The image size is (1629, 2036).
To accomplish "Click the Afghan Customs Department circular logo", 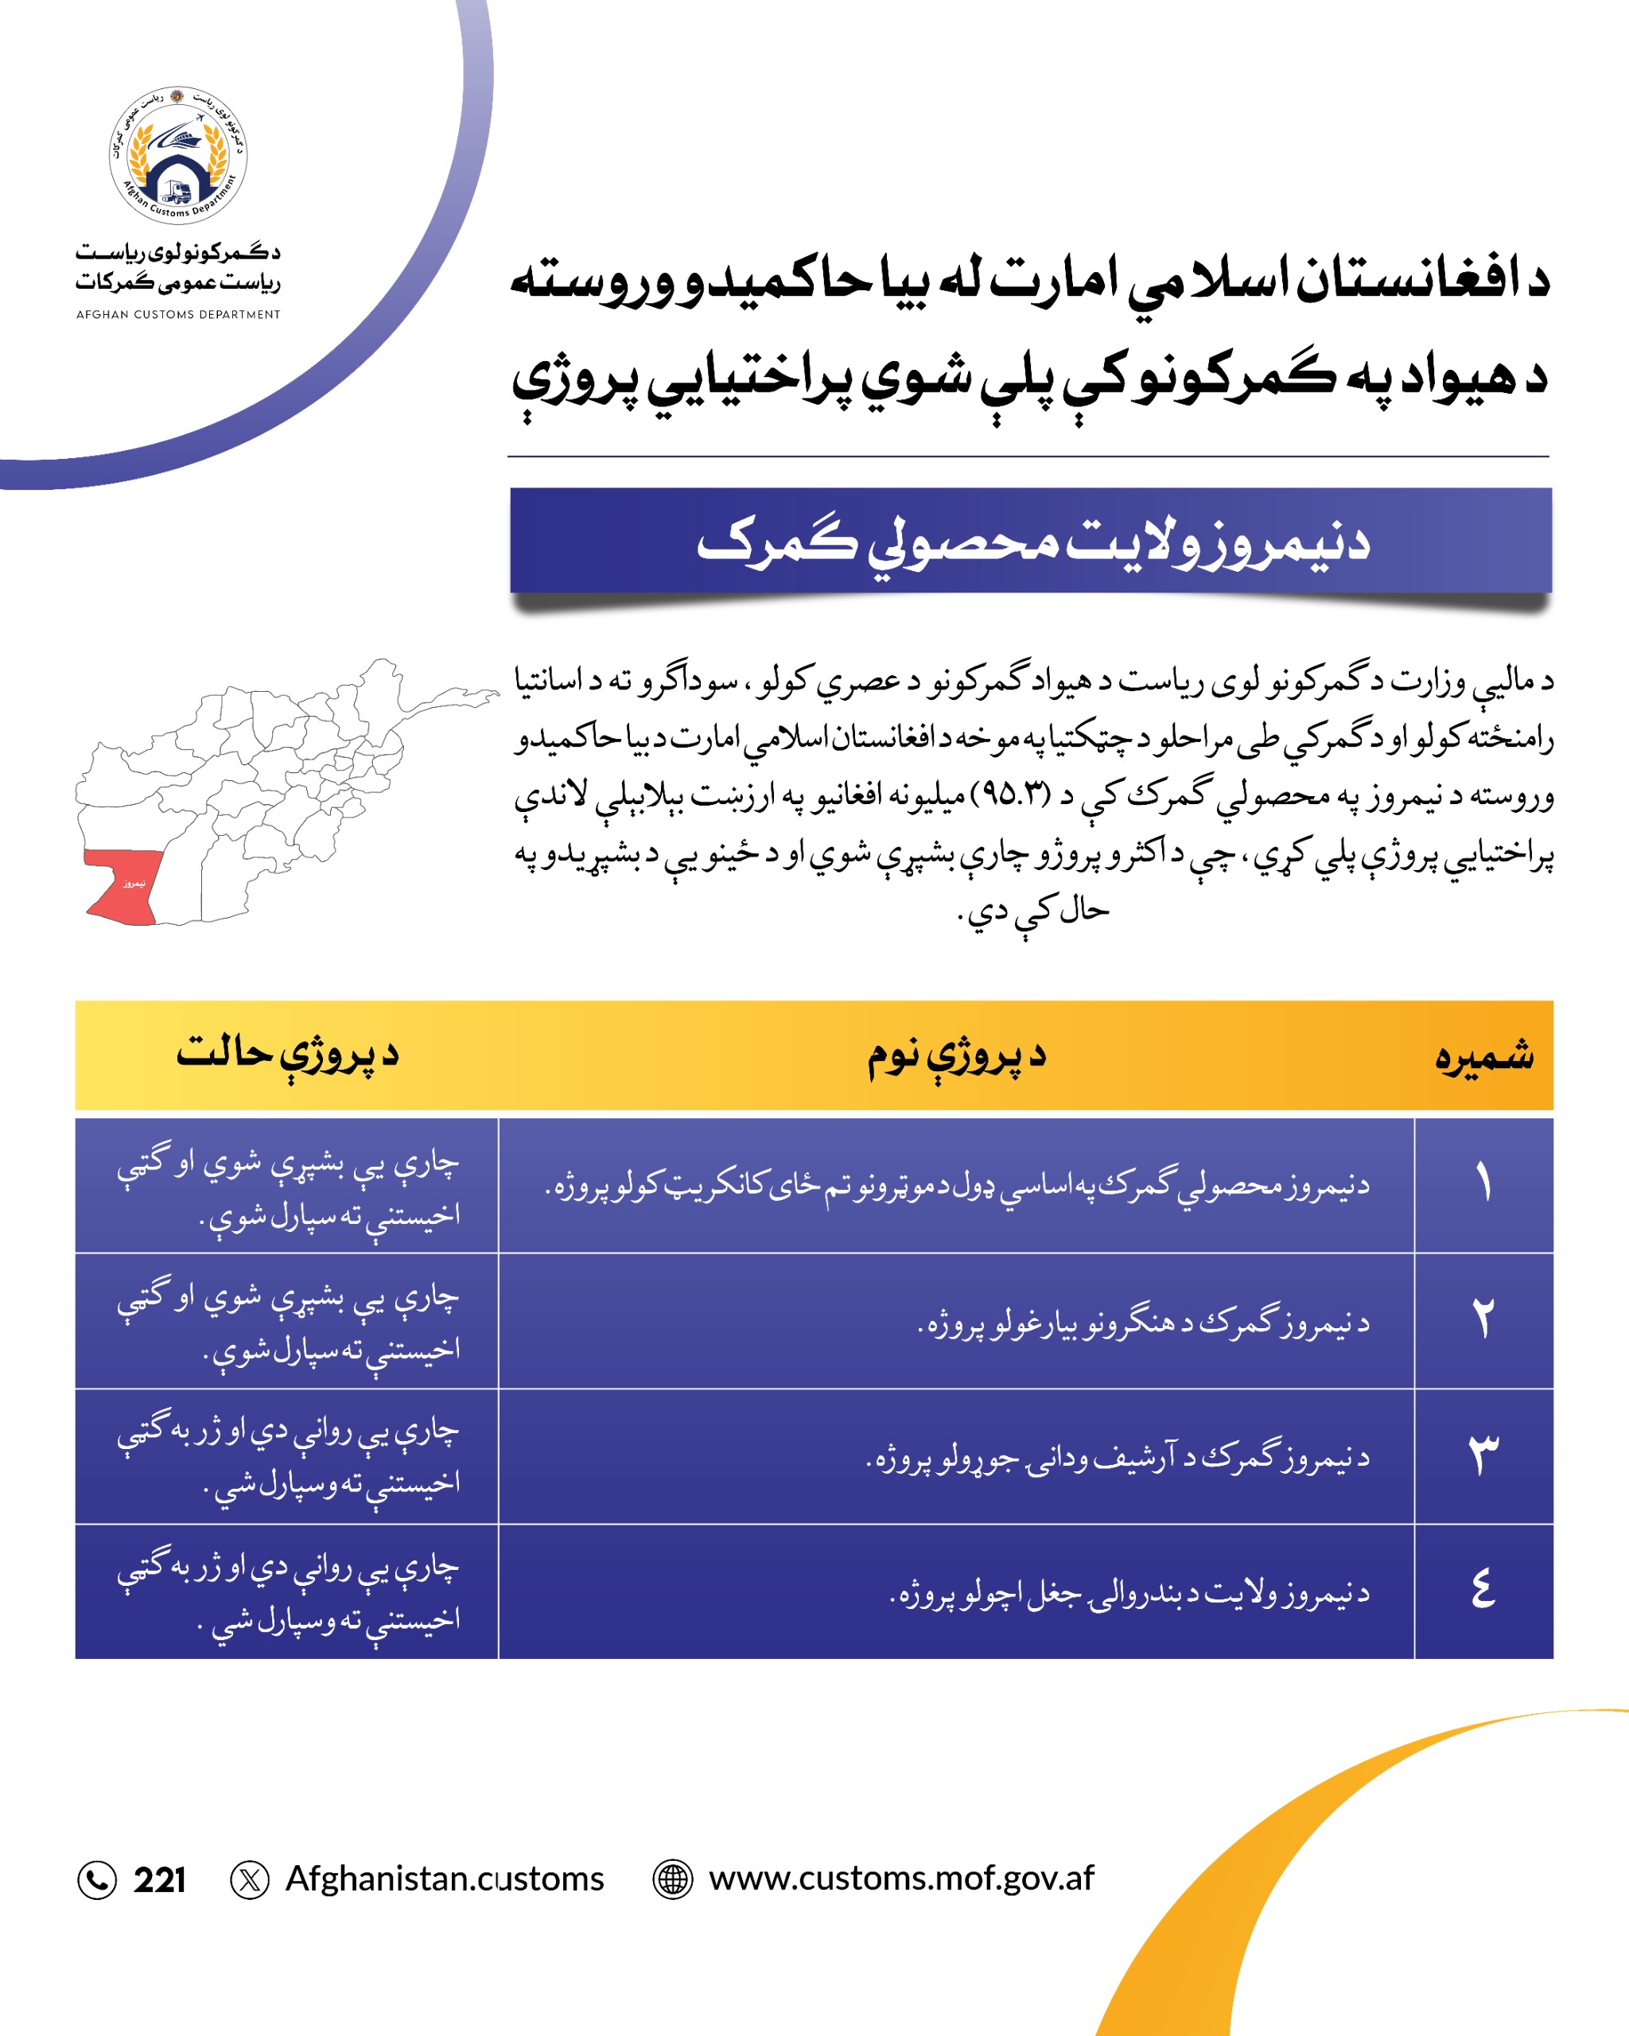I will tap(178, 156).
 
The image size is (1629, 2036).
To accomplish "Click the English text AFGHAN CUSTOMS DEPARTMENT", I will tap(178, 314).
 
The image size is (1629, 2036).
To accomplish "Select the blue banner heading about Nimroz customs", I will tap(1030, 541).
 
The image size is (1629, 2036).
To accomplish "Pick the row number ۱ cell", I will tap(1483, 1185).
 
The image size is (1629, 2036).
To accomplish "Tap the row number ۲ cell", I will tap(1483, 1320).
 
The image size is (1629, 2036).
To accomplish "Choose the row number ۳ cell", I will tap(1483, 1455).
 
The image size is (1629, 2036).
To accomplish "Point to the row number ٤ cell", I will tap(1483, 1591).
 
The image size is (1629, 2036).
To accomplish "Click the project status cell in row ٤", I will tap(287, 1592).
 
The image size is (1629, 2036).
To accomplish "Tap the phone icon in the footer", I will tap(96, 1879).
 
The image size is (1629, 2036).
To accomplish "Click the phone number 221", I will tap(160, 1880).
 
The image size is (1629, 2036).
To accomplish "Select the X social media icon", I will tap(249, 1879).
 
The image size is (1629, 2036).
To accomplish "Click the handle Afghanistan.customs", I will tap(444, 1879).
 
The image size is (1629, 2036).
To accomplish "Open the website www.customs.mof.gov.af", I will tap(901, 1879).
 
